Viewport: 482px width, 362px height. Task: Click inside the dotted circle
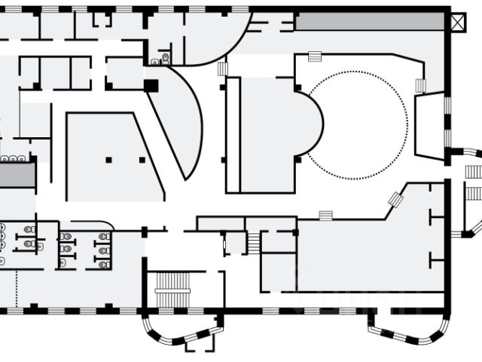(358, 124)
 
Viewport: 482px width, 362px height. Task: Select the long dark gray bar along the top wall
(371, 21)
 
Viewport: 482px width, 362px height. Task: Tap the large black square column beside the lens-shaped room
(151, 86)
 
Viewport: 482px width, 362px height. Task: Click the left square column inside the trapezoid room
(109, 160)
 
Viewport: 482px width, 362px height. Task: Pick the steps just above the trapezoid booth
(419, 86)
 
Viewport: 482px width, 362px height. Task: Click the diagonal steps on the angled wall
(395, 200)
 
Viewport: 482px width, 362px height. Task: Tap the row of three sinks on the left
(14, 158)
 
